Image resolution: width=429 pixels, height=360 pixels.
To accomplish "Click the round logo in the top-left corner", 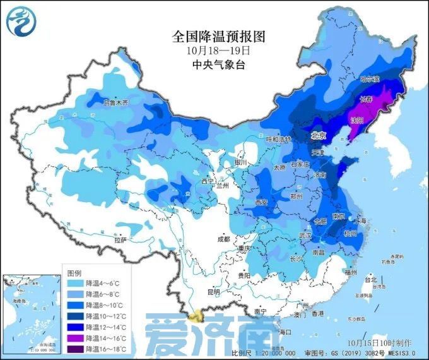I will (21, 21).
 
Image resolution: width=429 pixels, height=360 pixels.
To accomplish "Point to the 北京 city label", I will (317, 136).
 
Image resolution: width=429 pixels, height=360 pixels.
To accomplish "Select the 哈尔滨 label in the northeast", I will (370, 80).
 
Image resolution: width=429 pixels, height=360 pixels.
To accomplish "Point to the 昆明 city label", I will (213, 292).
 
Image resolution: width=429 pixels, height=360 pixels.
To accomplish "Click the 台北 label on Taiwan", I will (370, 279).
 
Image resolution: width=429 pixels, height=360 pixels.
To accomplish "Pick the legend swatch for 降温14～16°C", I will (78, 338).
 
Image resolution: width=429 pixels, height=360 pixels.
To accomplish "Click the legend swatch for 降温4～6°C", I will (78, 284).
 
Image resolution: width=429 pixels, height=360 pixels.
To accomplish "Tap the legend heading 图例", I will (74, 273).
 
